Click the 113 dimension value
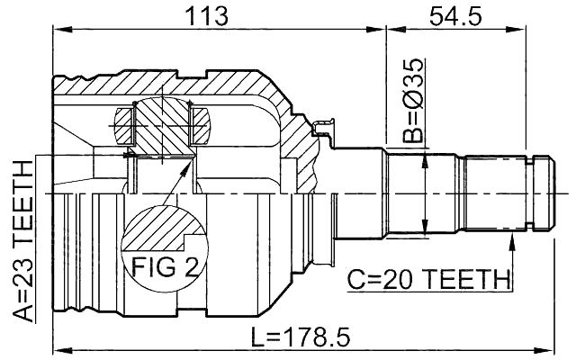coord(206,15)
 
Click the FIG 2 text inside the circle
coord(164,265)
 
